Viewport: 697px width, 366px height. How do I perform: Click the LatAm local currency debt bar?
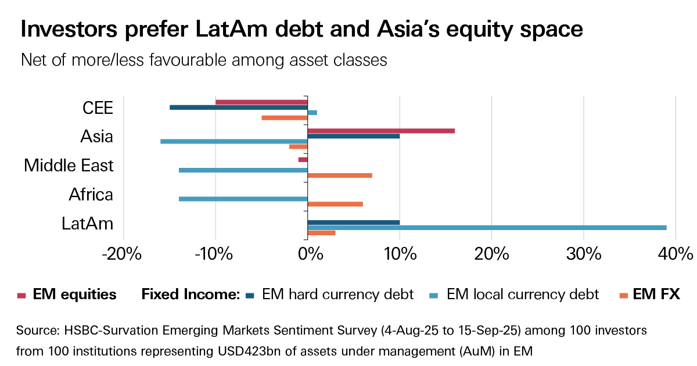point(487,227)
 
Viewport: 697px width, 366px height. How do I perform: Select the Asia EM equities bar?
point(381,131)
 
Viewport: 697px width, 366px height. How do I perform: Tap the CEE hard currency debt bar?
point(238,107)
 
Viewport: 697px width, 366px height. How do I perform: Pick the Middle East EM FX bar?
point(339,175)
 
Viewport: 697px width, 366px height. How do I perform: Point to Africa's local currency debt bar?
point(243,199)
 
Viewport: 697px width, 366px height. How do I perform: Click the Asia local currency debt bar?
point(233,141)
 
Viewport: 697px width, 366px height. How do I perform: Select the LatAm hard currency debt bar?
point(353,222)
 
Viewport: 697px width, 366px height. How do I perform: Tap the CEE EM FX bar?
point(285,117)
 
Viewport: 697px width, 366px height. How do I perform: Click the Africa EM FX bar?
point(335,204)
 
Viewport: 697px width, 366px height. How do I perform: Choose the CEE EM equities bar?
point(261,102)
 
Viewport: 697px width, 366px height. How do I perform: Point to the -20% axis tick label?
point(123,254)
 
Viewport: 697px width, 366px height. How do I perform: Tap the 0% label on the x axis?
point(307,254)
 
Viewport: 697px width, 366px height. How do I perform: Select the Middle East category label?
point(69,166)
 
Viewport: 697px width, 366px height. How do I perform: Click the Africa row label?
point(91,194)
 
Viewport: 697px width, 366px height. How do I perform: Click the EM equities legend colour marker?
point(21,295)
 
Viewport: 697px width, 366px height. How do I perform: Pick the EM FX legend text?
point(656,295)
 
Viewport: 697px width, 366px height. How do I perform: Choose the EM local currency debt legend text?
point(523,295)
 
